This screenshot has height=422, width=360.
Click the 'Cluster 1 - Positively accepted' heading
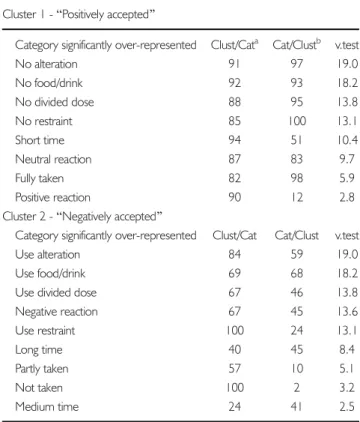click(79, 15)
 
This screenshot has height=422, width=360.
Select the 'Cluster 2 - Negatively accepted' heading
click(82, 216)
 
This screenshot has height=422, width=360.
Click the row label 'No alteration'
click(46, 64)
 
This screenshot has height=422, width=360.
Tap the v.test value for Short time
click(347, 140)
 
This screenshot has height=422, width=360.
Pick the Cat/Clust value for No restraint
click(297, 121)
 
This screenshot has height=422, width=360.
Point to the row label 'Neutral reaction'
click(53, 159)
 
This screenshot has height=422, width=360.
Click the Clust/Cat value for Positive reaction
click(235, 197)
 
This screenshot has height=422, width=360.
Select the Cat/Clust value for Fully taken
click(297, 178)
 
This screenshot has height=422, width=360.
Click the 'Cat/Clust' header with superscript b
click(297, 44)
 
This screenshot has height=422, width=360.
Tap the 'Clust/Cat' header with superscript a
click(235, 44)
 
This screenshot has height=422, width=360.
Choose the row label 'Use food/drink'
click(50, 273)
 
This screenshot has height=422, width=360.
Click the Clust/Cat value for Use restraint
click(235, 330)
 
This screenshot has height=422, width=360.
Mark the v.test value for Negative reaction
click(347, 311)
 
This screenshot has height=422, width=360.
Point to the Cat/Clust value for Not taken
click(297, 387)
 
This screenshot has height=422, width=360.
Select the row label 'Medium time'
click(47, 406)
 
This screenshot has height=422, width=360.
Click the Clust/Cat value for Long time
click(235, 349)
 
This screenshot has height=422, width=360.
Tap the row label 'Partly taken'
click(42, 369)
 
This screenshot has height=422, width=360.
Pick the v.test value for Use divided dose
click(347, 292)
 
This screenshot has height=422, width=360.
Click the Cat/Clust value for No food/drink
click(297, 83)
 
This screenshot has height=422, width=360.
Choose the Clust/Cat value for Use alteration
click(235, 254)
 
